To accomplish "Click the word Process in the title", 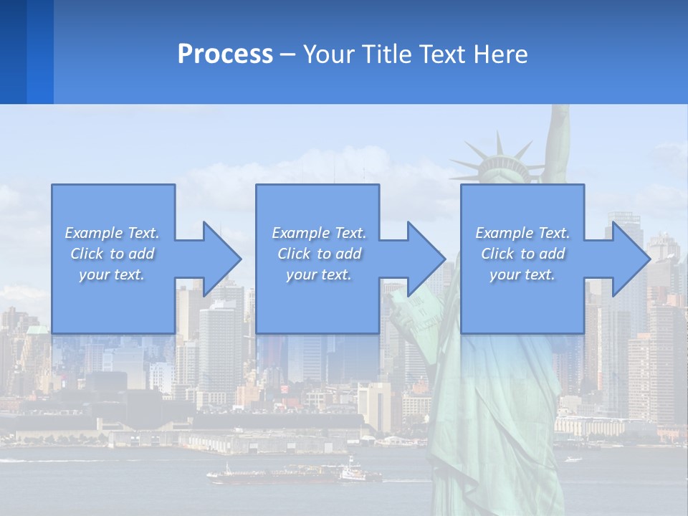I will pos(225,54).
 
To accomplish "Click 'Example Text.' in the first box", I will pos(112,233).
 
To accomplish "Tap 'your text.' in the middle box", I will pos(318,274).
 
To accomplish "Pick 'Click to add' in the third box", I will pos(522,254).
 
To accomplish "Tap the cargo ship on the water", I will pos(294,473).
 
